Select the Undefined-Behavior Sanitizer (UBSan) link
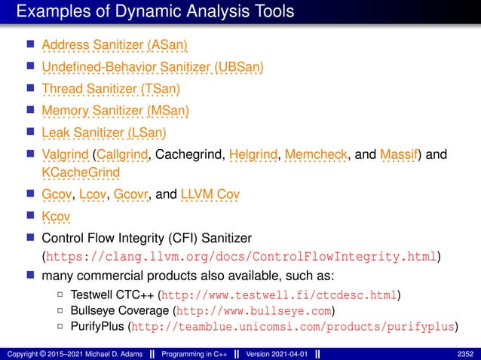152,67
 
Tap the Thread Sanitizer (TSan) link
111,90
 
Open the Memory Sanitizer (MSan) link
115,111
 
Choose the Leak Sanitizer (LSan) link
104,134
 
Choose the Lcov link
93,195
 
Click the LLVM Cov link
210,195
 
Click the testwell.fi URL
279,294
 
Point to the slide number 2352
466,352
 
